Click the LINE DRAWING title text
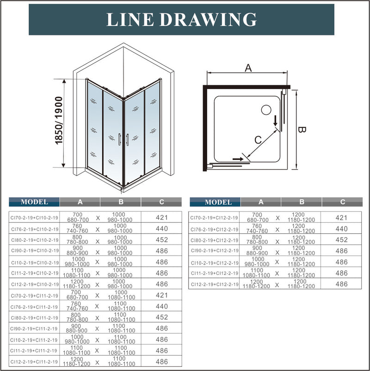click(x=181, y=19)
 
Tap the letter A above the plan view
click(x=248, y=68)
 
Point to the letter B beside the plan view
click(x=301, y=131)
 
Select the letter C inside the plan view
click(x=259, y=139)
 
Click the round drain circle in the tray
click(x=266, y=110)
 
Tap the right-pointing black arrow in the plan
click(x=237, y=159)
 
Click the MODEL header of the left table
click(x=34, y=202)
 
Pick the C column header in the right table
click(x=342, y=202)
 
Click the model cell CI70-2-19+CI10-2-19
click(x=34, y=217)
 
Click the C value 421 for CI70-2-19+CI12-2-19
click(x=341, y=217)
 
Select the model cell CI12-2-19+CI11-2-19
click(x=34, y=362)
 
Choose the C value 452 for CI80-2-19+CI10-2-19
click(x=161, y=239)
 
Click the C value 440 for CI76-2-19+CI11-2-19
click(x=161, y=306)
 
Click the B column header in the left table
click(x=120, y=202)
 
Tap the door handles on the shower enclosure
click(x=123, y=139)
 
